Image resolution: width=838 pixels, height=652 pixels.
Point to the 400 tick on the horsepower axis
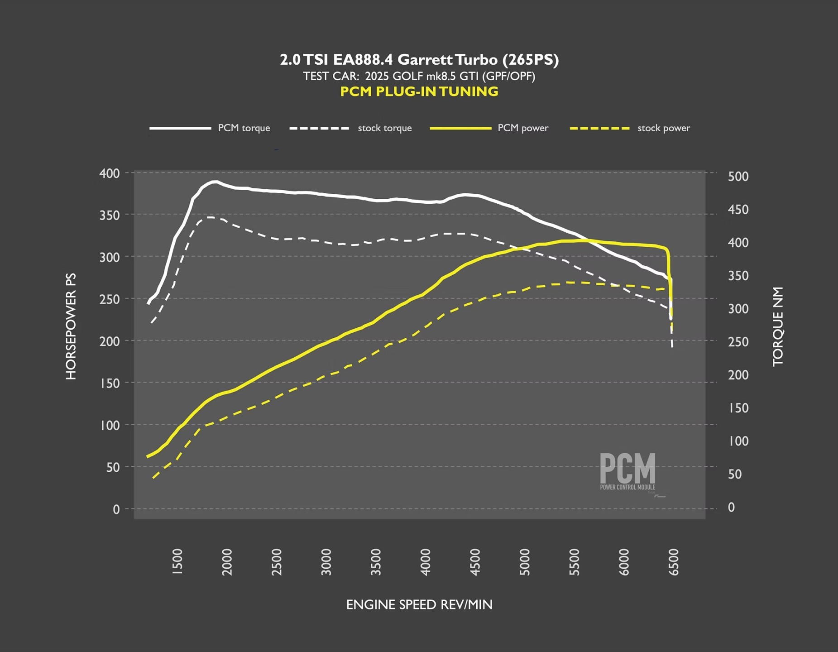coord(110,173)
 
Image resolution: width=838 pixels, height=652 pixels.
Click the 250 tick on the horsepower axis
coord(110,299)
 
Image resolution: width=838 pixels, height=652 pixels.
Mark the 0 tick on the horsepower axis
coord(116,509)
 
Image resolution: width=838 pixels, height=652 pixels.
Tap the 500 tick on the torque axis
coord(738,177)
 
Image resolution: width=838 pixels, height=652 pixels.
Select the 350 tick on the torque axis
coord(738,276)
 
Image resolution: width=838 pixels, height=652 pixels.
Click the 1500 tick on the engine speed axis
coord(177,562)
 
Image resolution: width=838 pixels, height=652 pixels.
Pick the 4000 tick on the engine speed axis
coord(426,562)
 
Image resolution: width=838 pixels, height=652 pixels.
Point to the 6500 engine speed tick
coord(674,562)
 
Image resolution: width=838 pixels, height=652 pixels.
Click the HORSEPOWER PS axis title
coord(71,326)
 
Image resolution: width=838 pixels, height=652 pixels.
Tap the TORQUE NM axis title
coord(778,326)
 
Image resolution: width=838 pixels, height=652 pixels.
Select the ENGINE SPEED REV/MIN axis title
coord(419,604)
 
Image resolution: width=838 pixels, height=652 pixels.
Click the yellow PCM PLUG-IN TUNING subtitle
coord(419,91)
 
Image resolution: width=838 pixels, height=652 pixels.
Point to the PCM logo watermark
coord(627,471)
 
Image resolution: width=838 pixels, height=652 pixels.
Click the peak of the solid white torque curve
coord(215,182)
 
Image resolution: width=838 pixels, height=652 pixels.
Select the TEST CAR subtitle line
coord(419,76)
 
